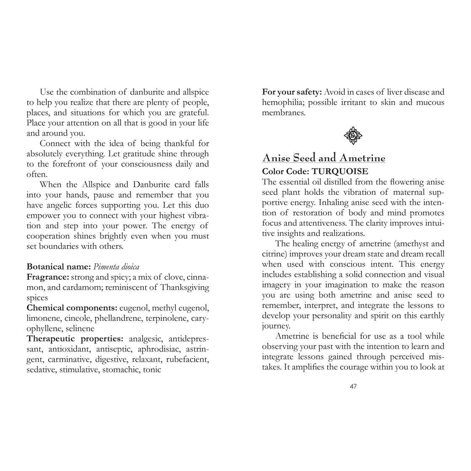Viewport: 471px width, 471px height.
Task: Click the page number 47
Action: [x=353, y=386]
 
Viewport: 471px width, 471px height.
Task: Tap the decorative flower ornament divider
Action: [x=353, y=135]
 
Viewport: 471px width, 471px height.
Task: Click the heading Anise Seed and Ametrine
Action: [x=323, y=158]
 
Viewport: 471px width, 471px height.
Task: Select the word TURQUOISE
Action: [x=340, y=172]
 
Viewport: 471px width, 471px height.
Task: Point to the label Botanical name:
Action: [x=59, y=267]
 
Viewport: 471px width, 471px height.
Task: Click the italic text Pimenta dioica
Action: [x=116, y=267]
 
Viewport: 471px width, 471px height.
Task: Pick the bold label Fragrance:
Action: [x=48, y=277]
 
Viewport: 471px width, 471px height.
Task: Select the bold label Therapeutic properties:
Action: [x=75, y=339]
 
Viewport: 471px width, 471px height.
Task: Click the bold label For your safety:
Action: [x=292, y=92]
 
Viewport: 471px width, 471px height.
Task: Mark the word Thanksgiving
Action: [x=184, y=288]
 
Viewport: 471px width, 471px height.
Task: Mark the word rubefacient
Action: [x=188, y=360]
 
